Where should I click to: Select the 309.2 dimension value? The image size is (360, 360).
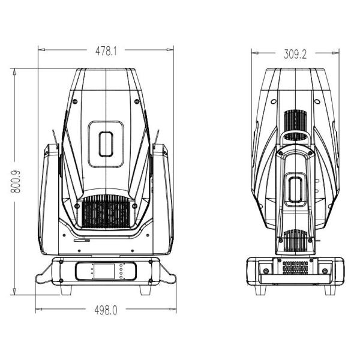pos(295,55)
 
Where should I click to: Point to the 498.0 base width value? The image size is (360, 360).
pos(106,310)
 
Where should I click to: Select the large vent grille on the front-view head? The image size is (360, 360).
pos(106,212)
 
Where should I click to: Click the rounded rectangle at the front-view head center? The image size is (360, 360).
pos(106,144)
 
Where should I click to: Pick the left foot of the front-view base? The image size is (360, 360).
pos(65,290)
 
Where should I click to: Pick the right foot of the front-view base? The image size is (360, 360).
pos(146,290)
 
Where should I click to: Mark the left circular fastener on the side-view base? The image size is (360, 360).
pos(265,271)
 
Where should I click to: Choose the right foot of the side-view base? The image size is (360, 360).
pos(329,289)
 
